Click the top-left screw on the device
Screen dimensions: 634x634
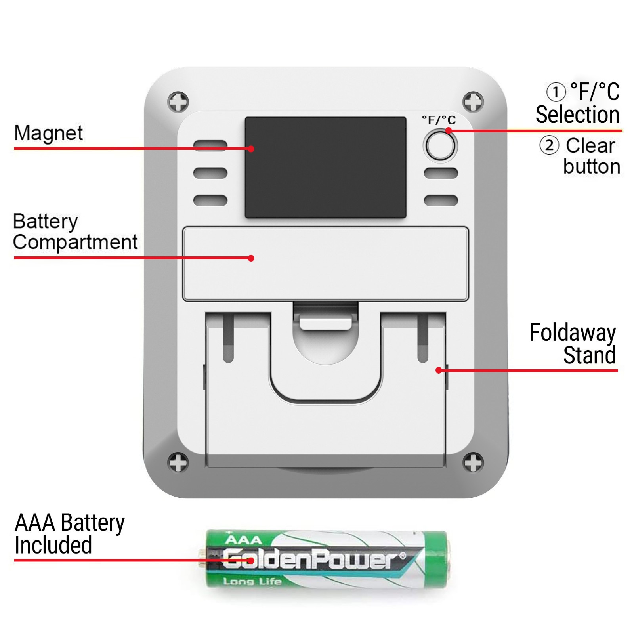click(178, 102)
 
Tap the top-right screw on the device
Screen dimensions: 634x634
click(473, 102)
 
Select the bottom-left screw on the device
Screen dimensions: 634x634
click(178, 462)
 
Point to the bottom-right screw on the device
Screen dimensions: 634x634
click(473, 462)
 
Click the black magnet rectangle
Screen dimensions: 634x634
click(325, 167)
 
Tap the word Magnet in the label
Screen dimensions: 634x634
click(48, 133)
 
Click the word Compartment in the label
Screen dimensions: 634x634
click(75, 242)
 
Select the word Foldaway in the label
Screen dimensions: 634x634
click(573, 333)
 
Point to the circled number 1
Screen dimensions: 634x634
click(556, 92)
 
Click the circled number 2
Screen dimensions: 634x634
click(549, 145)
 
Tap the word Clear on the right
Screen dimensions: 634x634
click(590, 146)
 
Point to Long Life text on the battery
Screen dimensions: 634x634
click(252, 582)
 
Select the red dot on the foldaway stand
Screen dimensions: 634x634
click(439, 370)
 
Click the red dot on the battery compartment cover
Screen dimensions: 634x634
click(251, 258)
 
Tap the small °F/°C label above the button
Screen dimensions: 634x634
click(439, 120)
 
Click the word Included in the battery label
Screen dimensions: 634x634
click(53, 545)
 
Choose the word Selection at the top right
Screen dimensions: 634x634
click(577, 115)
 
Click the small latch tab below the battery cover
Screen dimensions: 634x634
click(325, 321)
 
